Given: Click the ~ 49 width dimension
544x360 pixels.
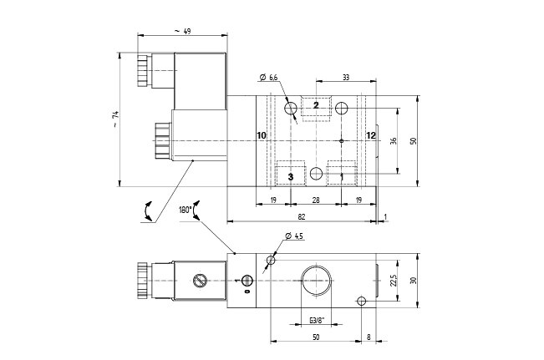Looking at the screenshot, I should click(183, 31).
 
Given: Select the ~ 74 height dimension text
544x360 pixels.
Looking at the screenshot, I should click(115, 121).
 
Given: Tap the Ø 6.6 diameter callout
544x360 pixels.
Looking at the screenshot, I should click(270, 78).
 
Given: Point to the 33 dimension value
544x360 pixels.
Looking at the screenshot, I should click(345, 78).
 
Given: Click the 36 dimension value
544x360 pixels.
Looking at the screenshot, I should click(393, 140).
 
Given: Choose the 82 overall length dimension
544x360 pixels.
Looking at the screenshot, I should click(300, 217).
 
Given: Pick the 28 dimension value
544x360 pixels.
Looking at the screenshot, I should click(316, 200).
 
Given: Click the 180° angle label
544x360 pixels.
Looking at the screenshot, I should click(185, 210).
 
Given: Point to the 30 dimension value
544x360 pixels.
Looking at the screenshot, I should click(413, 281).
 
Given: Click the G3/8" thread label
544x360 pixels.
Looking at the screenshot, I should click(316, 320).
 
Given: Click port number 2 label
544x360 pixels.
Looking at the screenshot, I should click(316, 104).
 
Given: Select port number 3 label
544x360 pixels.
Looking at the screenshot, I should click(290, 176).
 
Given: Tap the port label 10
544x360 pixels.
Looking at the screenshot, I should click(261, 135).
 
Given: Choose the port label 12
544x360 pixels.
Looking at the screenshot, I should click(371, 135).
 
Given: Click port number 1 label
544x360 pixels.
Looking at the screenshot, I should click(341, 176).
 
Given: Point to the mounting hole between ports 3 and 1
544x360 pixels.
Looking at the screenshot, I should click(316, 173).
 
